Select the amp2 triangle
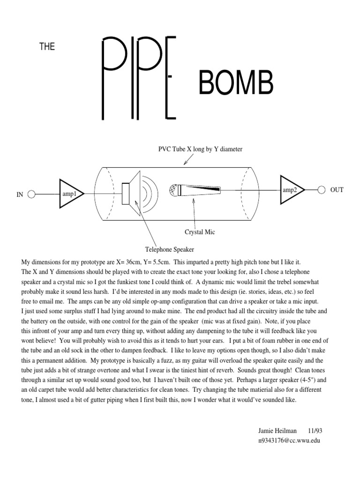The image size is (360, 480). coord(291,190)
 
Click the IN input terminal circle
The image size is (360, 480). coord(31,194)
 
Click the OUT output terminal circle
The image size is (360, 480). coord(322,190)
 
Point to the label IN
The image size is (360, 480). coord(20,195)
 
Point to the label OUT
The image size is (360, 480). coord(337,190)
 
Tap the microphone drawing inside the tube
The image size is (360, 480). coord(195,190)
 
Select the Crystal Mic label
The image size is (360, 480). coord(200,232)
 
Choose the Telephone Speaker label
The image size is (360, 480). coord(170,250)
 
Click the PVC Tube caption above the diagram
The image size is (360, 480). coord(200,150)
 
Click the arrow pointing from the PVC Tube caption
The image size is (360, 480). coord(188,160)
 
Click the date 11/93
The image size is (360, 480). coord(315,431)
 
